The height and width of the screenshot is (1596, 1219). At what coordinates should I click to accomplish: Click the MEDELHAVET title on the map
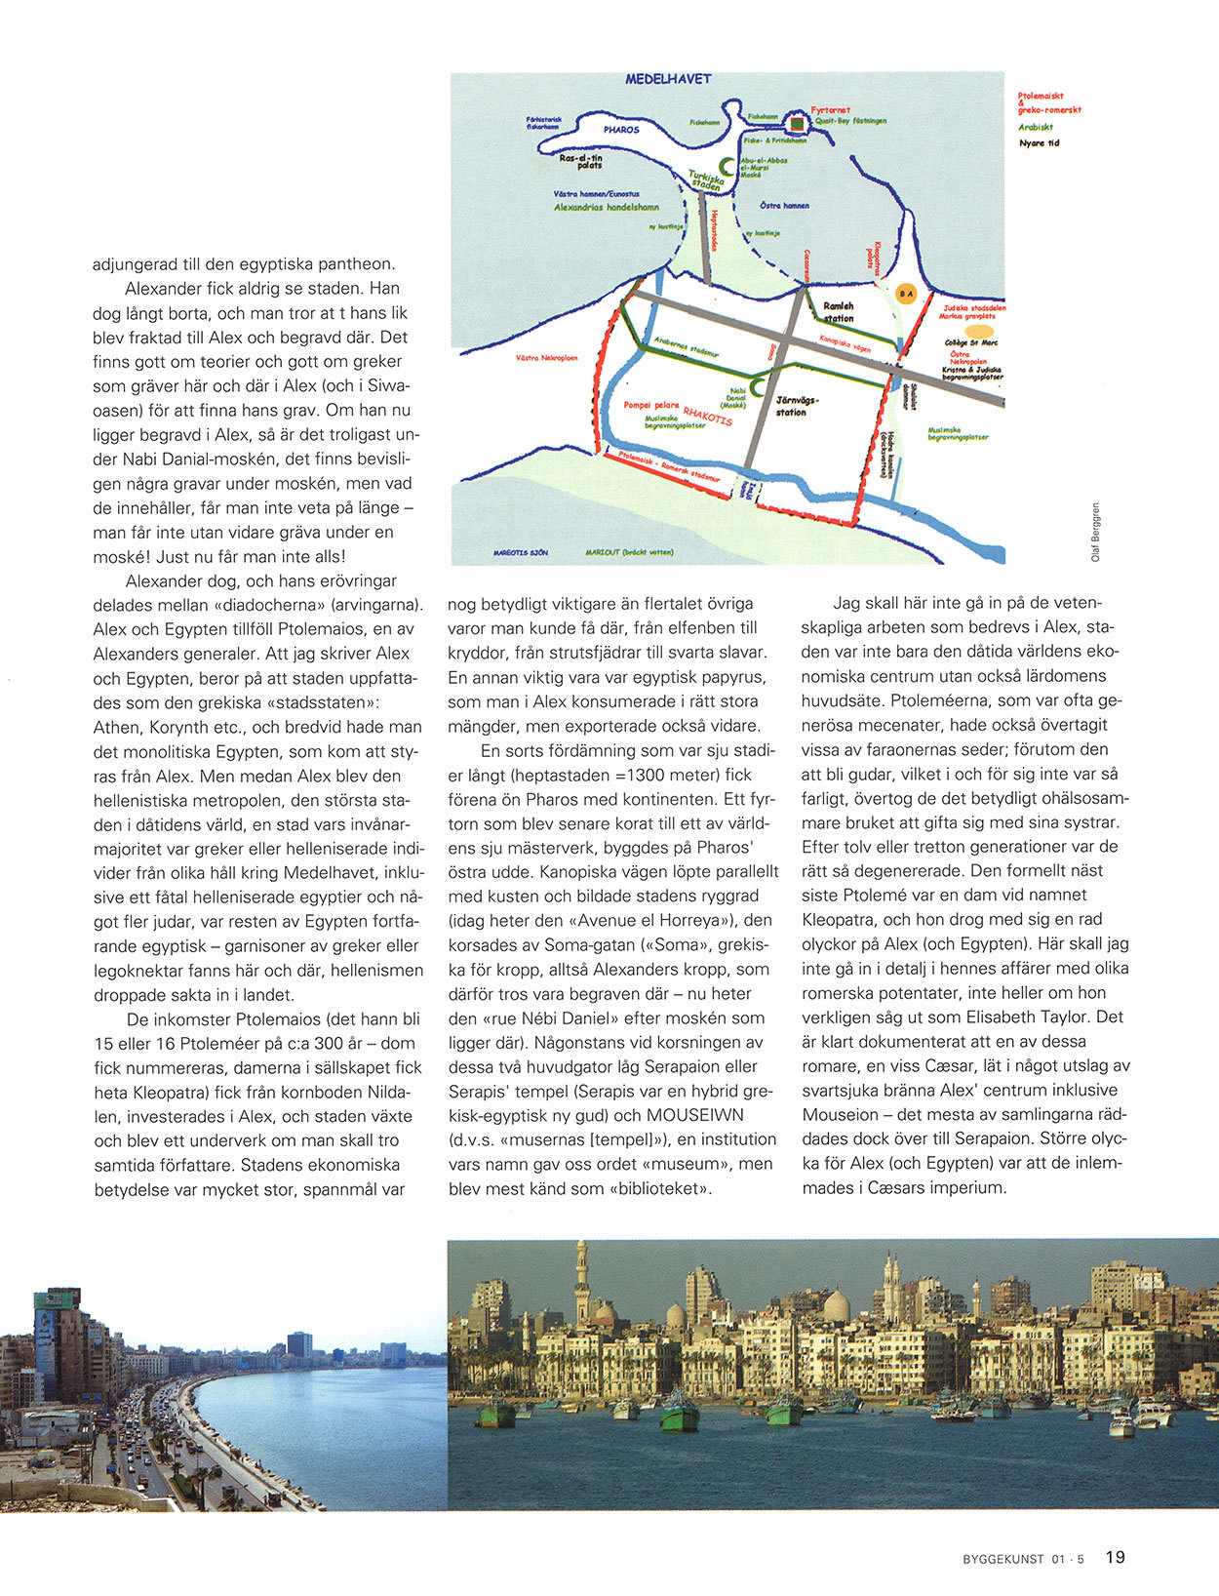[668, 79]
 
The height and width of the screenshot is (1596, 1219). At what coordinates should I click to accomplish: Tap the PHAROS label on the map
[621, 130]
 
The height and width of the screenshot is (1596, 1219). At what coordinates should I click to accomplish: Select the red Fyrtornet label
[831, 111]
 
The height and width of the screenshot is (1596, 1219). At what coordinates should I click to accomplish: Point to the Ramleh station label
[839, 312]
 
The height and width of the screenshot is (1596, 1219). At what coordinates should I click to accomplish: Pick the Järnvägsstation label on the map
[798, 406]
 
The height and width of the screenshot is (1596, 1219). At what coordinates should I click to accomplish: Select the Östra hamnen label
[785, 206]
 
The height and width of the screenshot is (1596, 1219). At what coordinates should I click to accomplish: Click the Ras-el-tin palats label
[582, 161]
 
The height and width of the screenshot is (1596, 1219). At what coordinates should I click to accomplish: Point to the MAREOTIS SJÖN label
[520, 552]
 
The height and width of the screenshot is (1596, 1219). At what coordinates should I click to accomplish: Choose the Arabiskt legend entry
[1036, 127]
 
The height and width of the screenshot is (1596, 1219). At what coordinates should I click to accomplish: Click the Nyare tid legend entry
[1039, 143]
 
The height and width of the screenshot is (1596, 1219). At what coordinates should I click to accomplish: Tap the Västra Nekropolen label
[546, 358]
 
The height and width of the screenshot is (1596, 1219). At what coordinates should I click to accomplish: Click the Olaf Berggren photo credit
[1095, 532]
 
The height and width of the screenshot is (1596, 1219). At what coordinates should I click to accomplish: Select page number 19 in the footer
[1116, 1558]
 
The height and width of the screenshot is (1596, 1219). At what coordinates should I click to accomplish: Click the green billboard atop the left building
[56, 1298]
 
